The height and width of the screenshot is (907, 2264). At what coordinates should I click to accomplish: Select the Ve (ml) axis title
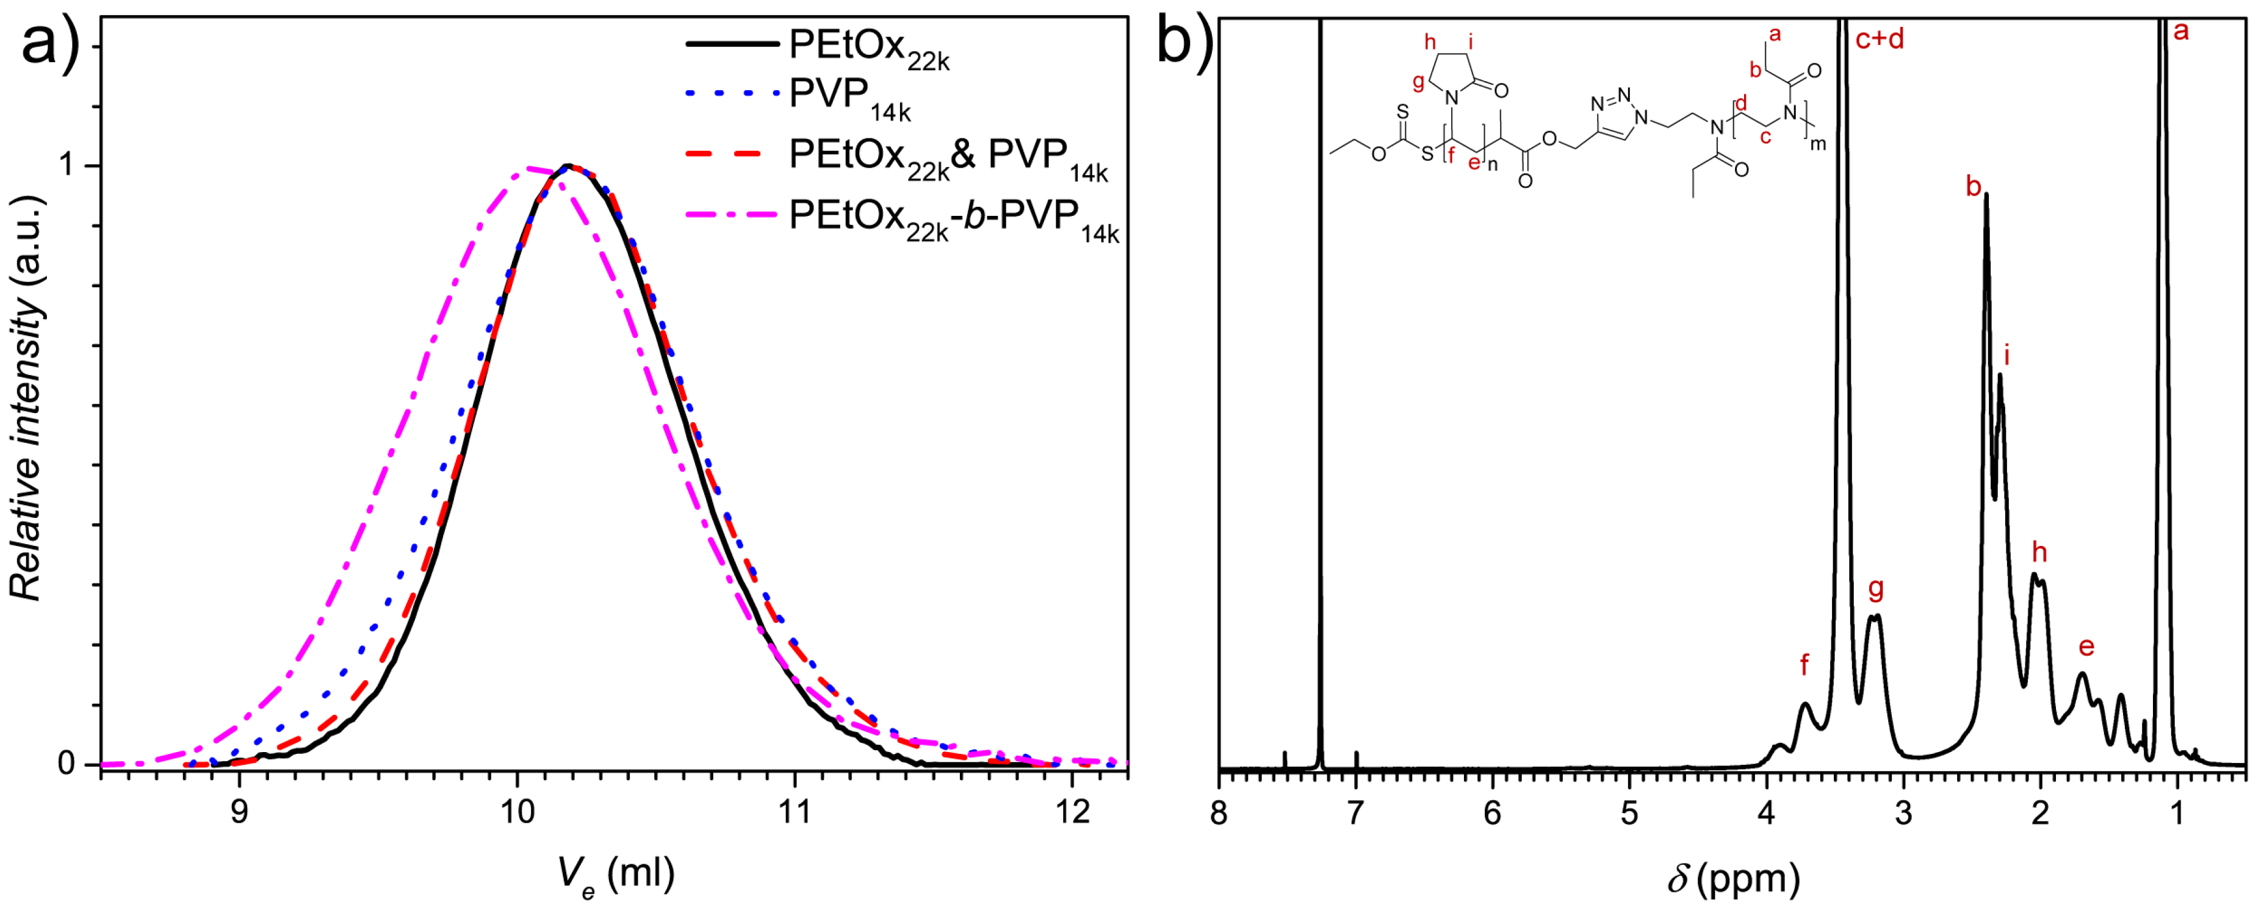[615, 875]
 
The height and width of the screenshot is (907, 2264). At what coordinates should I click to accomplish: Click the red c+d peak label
[1879, 40]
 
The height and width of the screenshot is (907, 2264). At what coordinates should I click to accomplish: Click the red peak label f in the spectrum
[1804, 664]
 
